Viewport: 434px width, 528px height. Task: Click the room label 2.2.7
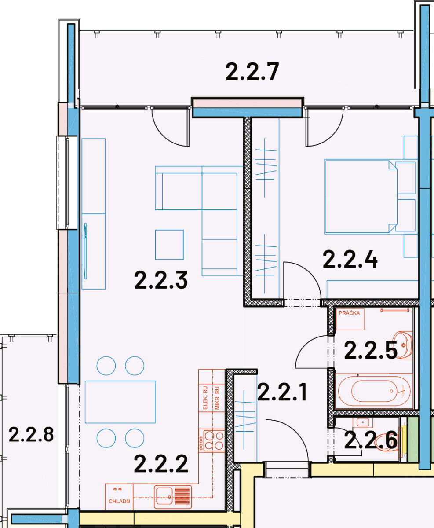pyautogui.click(x=252, y=72)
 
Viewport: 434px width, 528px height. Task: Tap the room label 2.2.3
pyautogui.click(x=161, y=280)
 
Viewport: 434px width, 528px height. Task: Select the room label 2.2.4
pyautogui.click(x=350, y=260)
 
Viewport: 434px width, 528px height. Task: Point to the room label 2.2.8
pyautogui.click(x=31, y=435)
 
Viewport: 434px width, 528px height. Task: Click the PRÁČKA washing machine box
pyautogui.click(x=350, y=319)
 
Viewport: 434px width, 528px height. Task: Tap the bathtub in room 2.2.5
pyautogui.click(x=374, y=391)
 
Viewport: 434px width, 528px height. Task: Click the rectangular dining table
pyautogui.click(x=120, y=402)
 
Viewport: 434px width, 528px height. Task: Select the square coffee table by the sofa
pyautogui.click(x=169, y=245)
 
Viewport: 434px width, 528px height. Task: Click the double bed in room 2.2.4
pyautogui.click(x=361, y=197)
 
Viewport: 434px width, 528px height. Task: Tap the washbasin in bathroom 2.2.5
pyautogui.click(x=403, y=345)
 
